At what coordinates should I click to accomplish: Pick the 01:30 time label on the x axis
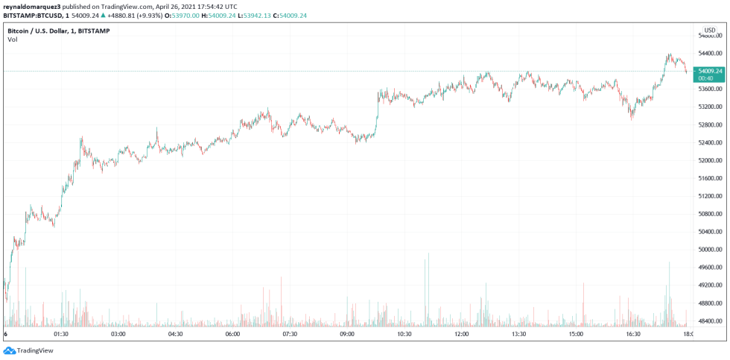[x=61, y=335]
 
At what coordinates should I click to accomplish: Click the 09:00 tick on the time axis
[x=347, y=335]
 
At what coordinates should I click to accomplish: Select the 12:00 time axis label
[x=462, y=335]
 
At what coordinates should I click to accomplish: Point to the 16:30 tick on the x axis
[x=633, y=335]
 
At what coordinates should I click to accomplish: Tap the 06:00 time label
[x=232, y=335]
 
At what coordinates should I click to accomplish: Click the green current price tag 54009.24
[x=708, y=71]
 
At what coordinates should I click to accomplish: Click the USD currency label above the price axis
[x=709, y=30]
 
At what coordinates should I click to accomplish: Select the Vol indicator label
[x=13, y=40]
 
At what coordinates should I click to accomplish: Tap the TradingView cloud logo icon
[x=9, y=350]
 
